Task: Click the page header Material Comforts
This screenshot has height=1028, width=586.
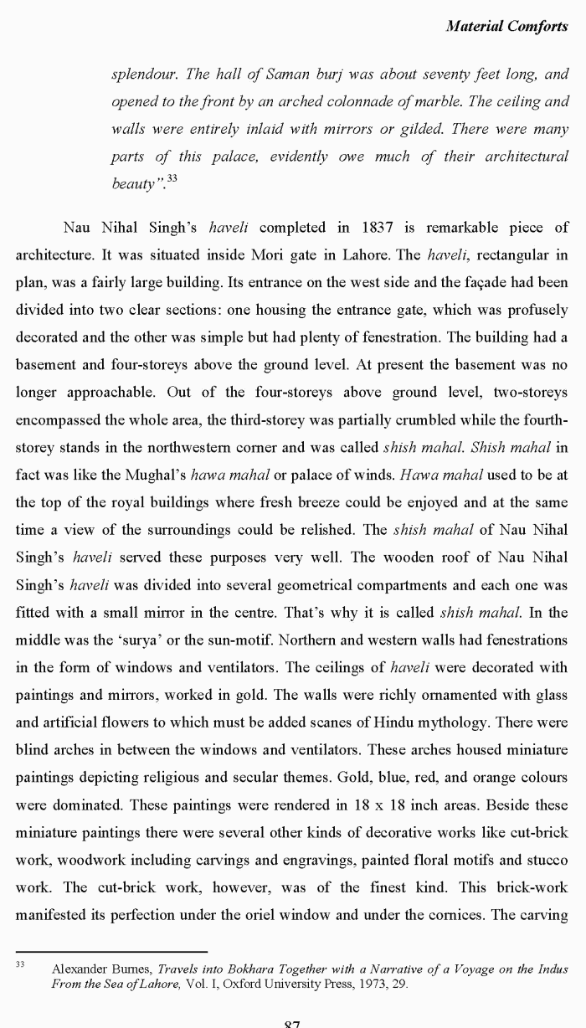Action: (506, 26)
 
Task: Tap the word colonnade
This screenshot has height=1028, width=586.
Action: (357, 101)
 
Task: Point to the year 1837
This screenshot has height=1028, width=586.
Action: (381, 227)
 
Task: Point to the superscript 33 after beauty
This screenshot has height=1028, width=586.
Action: (172, 177)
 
